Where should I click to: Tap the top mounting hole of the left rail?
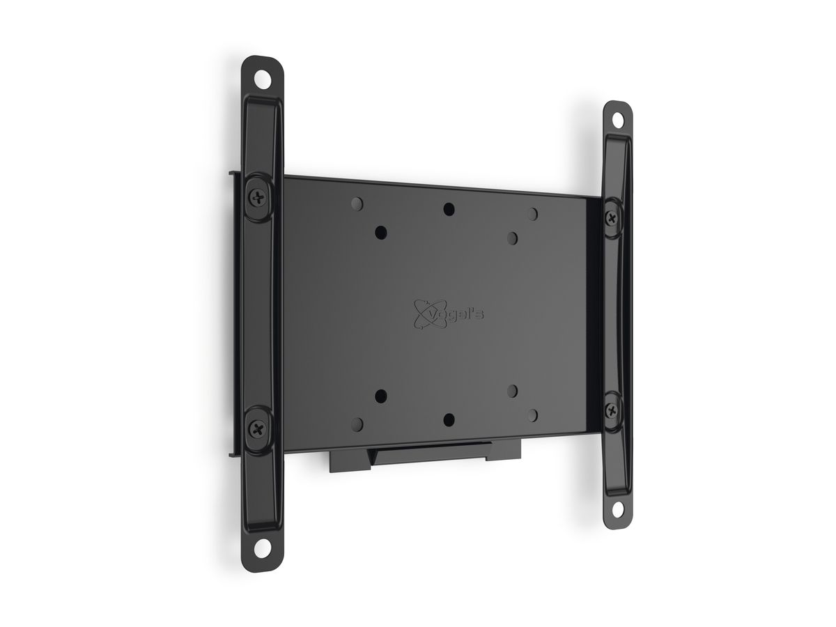click(x=263, y=81)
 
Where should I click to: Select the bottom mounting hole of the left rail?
click(x=263, y=547)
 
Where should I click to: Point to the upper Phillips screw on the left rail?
click(x=258, y=197)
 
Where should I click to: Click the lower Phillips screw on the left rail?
click(x=258, y=429)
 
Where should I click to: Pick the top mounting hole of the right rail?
click(x=618, y=121)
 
